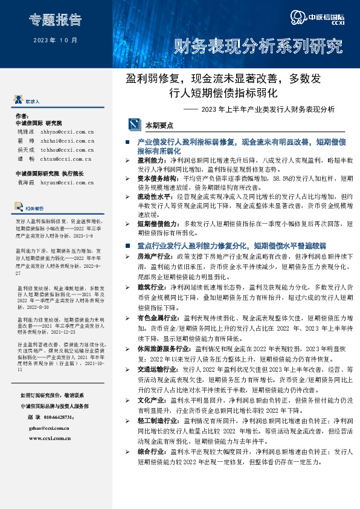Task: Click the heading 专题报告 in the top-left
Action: click(x=54, y=20)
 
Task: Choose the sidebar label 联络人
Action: click(x=33, y=101)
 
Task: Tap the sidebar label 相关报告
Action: click(x=34, y=208)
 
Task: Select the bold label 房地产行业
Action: click(x=151, y=257)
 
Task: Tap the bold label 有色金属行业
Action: click(x=154, y=317)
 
